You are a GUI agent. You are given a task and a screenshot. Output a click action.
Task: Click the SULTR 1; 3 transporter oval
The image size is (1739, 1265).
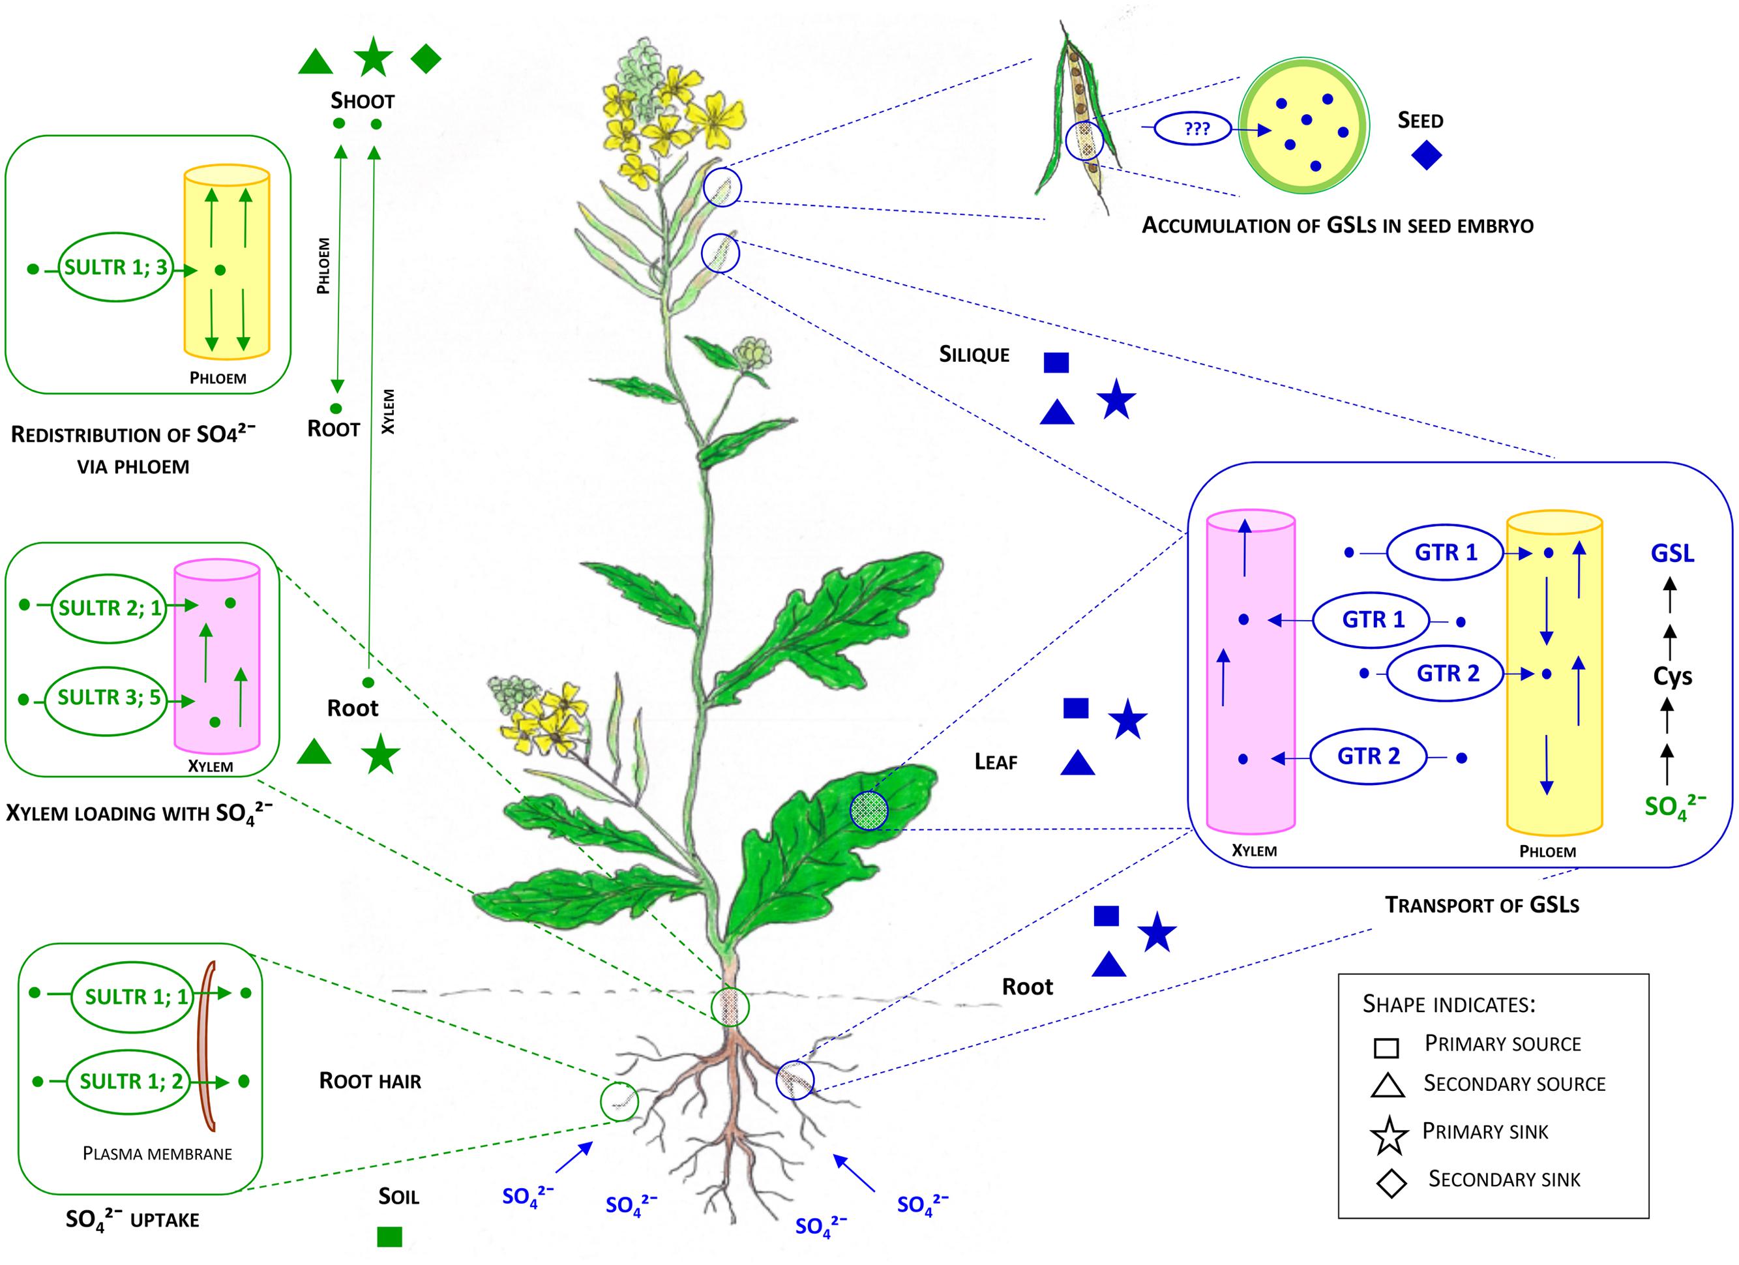(116, 267)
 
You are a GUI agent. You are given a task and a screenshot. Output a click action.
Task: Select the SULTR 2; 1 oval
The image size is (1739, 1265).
(110, 608)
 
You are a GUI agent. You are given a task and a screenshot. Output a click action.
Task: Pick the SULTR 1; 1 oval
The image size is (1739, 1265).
(132, 996)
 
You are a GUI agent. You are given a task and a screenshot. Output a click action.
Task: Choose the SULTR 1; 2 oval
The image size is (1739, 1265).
(132, 1082)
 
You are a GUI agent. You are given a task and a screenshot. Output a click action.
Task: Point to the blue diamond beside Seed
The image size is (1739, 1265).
(1426, 156)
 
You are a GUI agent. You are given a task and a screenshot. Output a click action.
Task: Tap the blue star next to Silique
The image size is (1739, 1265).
(1116, 400)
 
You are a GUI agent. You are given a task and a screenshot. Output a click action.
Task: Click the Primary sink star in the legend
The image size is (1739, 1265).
(1390, 1135)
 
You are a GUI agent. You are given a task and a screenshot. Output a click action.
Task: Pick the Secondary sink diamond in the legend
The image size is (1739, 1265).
(1391, 1183)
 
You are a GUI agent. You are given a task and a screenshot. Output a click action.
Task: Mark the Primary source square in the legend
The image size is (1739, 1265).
(1386, 1047)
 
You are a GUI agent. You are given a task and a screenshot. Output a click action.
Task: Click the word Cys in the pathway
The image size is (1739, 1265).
(1672, 676)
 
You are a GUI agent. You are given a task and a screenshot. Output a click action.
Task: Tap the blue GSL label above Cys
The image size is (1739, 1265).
(1672, 553)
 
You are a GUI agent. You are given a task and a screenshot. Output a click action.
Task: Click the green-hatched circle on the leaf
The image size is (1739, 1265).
(870, 810)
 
